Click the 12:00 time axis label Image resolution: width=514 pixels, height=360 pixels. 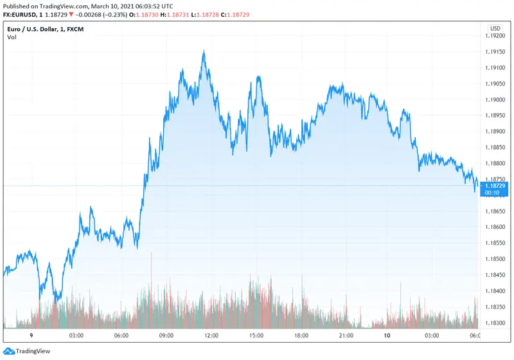(x=211, y=336)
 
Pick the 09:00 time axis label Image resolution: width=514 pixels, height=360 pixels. (x=166, y=336)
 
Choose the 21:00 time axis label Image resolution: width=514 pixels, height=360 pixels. (x=346, y=336)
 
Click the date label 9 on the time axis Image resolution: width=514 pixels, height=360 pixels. (x=32, y=336)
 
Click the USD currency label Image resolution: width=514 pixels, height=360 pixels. (x=495, y=28)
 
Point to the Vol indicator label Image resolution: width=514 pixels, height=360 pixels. (x=12, y=37)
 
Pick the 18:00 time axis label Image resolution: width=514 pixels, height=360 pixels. (x=301, y=336)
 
